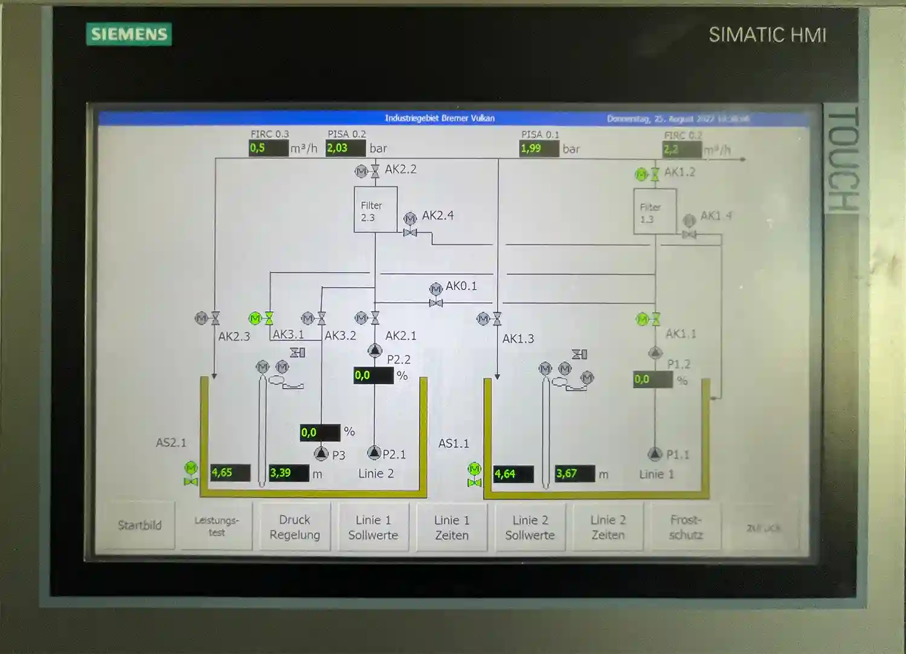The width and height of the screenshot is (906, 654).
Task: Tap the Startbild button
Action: click(x=140, y=525)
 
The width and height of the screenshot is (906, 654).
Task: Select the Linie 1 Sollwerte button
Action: click(x=373, y=527)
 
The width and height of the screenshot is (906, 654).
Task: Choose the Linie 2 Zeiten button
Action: click(x=608, y=527)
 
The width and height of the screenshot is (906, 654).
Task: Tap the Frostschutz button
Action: click(x=686, y=527)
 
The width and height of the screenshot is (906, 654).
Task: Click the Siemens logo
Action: click(x=129, y=34)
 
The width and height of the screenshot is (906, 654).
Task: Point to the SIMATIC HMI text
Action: click(x=767, y=35)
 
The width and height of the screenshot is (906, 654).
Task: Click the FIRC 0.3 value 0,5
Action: click(x=269, y=148)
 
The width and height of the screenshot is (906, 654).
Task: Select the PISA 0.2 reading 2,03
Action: click(x=345, y=148)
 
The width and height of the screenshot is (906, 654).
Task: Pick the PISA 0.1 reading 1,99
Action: click(x=539, y=149)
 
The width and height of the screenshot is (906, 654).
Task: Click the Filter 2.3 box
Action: click(x=375, y=210)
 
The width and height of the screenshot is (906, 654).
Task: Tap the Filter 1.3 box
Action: click(x=655, y=211)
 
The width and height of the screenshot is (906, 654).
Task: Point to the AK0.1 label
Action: click(x=461, y=286)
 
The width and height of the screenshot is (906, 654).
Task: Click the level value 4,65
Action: click(x=230, y=473)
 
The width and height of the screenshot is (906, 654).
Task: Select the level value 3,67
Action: click(x=574, y=473)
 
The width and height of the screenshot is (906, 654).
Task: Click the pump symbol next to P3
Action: click(x=321, y=453)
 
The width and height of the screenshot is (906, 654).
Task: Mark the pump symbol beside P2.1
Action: click(x=374, y=452)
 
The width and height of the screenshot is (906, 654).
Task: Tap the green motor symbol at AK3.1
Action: click(x=255, y=318)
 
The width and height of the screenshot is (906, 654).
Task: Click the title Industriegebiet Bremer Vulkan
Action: click(x=440, y=118)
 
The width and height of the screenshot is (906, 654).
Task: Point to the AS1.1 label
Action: click(x=454, y=444)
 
